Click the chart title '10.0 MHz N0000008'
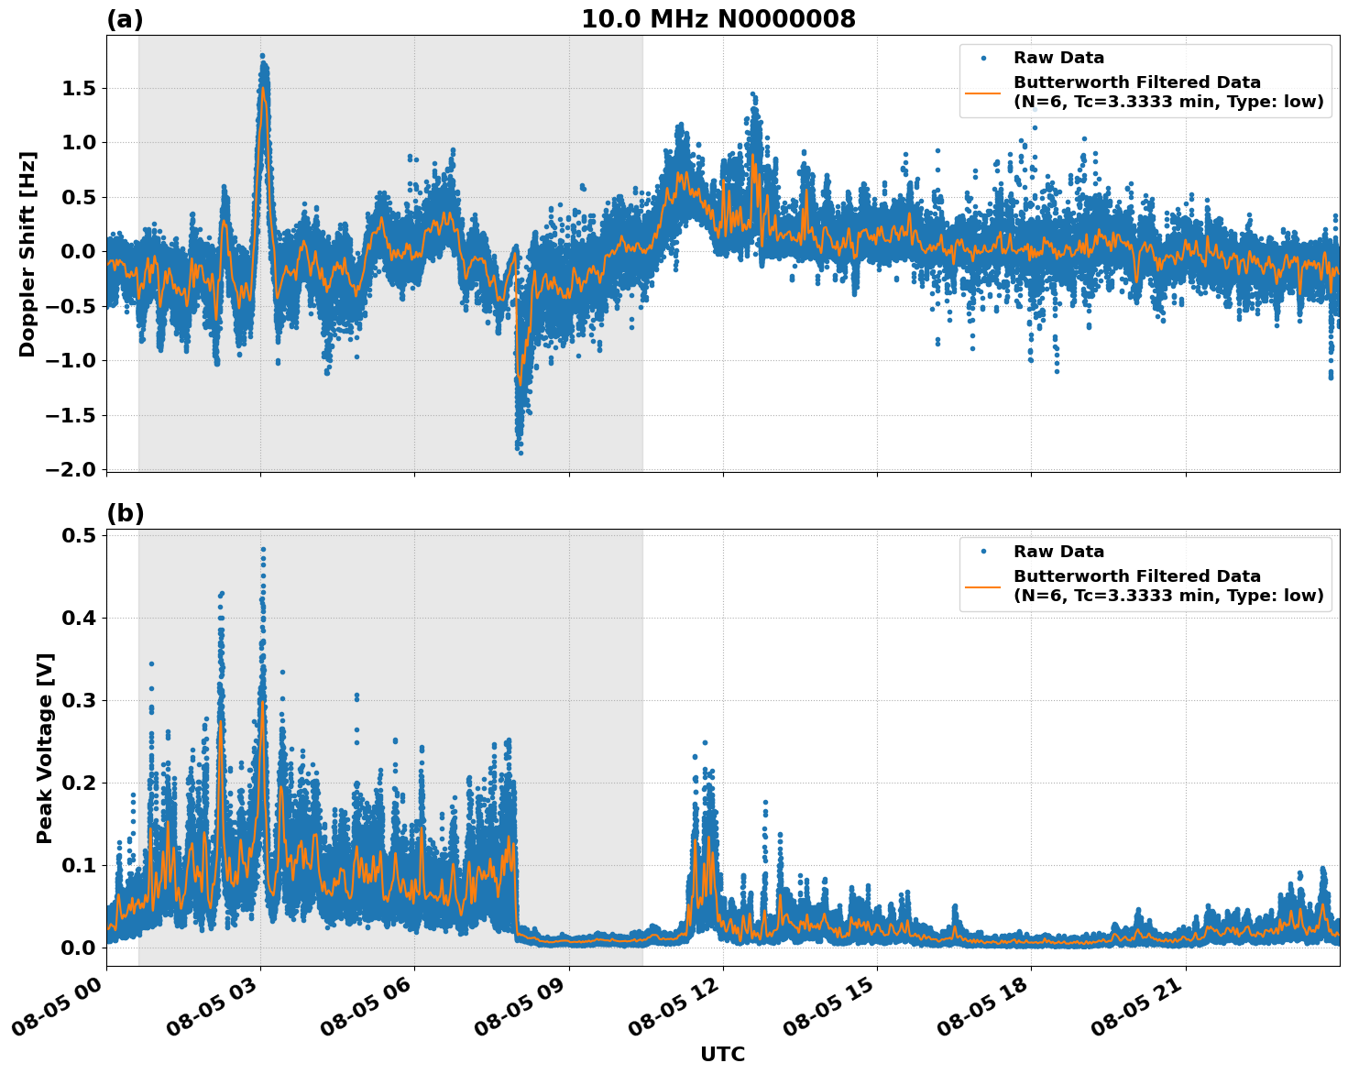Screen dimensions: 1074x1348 click(x=718, y=19)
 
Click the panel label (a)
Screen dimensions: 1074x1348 click(x=125, y=19)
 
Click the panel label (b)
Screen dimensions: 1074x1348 click(x=126, y=513)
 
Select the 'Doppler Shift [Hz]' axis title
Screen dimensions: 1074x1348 click(x=27, y=254)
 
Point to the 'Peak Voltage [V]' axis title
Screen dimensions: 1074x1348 click(x=45, y=748)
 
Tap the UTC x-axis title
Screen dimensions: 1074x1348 click(x=722, y=1054)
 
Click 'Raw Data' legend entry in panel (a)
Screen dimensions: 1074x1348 click(x=1058, y=58)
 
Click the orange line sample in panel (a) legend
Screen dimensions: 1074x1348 click(x=983, y=92)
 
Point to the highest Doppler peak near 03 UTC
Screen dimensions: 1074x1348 click(x=262, y=56)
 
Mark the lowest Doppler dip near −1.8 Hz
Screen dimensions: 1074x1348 click(x=521, y=453)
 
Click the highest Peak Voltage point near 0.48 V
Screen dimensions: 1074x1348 click(x=263, y=550)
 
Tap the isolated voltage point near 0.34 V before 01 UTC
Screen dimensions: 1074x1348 click(x=151, y=663)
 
